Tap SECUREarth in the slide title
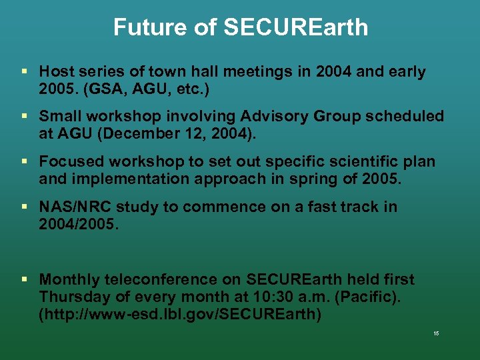pos(295,27)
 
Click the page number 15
pos(435,333)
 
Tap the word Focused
pos(70,161)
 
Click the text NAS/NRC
pos(72,207)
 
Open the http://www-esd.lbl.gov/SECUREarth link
pos(180,314)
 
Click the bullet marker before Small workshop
pos(24,116)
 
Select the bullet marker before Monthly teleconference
pos(24,279)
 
